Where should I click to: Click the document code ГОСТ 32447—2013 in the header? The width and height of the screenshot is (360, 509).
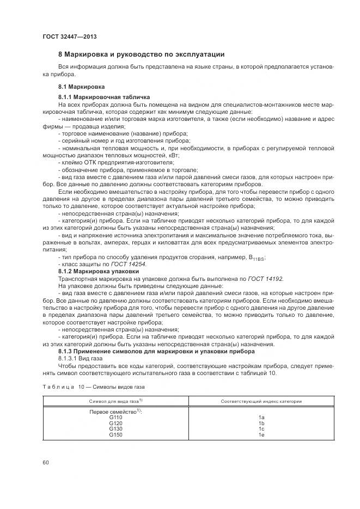point(66,36)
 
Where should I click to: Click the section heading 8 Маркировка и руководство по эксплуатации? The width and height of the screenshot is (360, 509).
point(141,54)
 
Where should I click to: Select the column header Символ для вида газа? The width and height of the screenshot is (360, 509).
point(116,401)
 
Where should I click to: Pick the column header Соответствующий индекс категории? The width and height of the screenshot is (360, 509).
point(261,401)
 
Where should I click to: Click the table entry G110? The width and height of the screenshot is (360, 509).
point(115,418)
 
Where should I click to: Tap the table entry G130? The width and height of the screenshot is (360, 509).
point(115,429)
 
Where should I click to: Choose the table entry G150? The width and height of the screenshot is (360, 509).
point(115,435)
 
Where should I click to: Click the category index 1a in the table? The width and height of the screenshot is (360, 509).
point(261,418)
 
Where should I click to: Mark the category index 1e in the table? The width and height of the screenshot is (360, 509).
point(261,435)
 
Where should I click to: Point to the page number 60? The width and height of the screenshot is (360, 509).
point(46,463)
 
